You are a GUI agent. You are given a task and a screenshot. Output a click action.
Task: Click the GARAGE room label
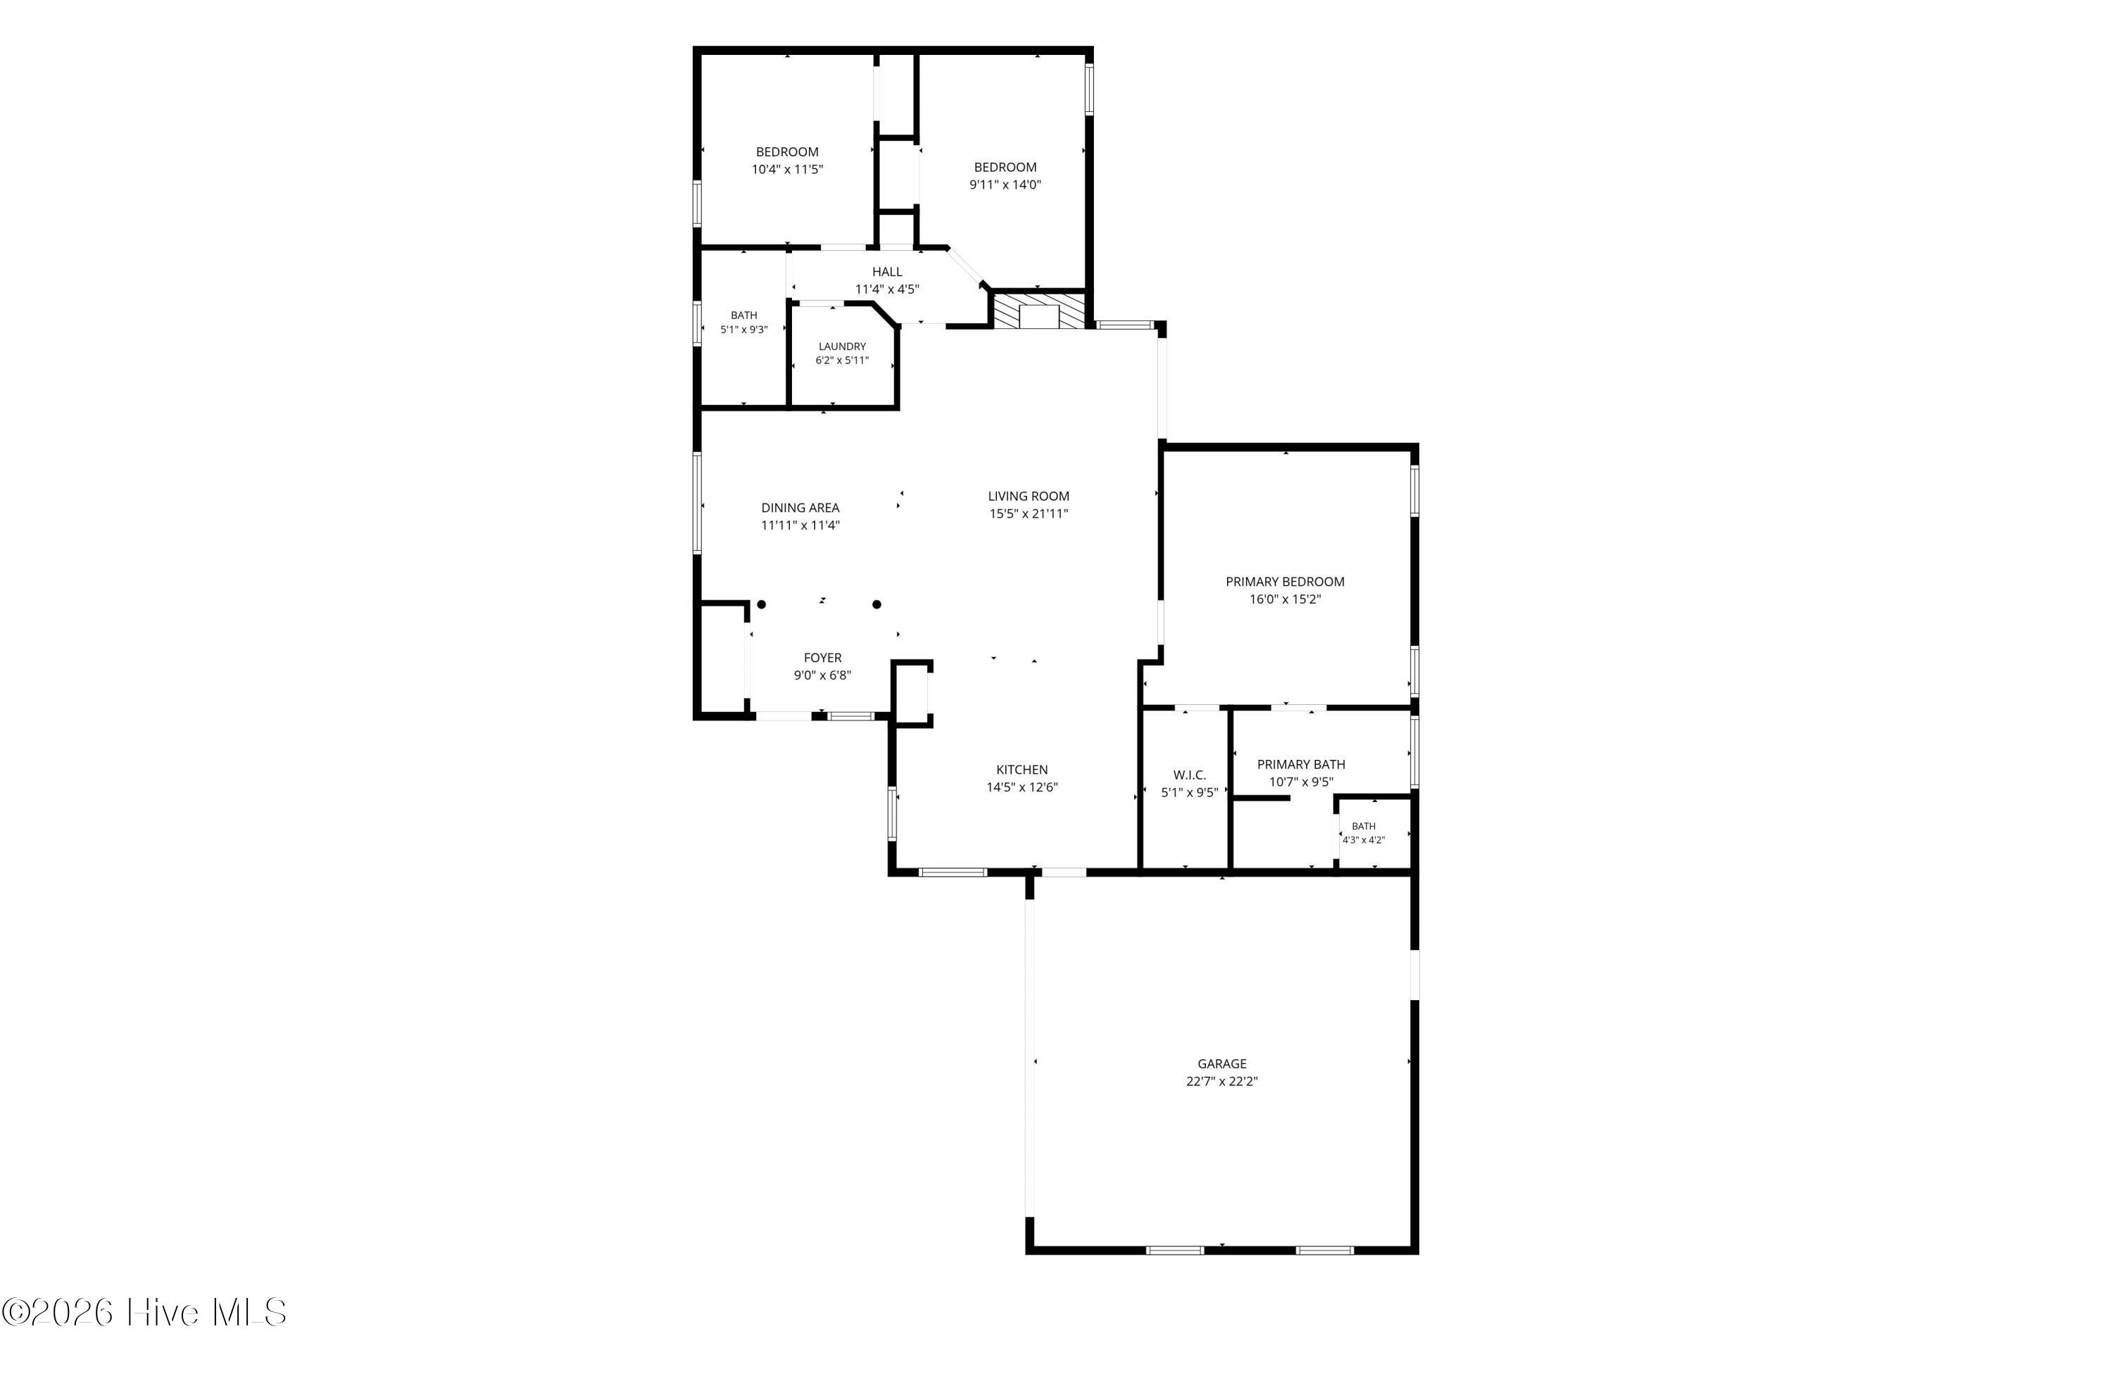click(x=1222, y=1063)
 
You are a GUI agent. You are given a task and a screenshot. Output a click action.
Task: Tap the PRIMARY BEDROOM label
click(x=1285, y=582)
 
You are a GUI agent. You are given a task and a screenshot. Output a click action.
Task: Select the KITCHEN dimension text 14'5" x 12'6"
click(x=1022, y=787)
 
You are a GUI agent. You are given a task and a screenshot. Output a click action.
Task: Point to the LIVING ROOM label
click(x=1029, y=496)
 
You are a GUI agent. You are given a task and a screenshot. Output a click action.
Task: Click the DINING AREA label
click(x=800, y=508)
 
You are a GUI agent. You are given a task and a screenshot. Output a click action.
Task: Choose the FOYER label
click(x=822, y=658)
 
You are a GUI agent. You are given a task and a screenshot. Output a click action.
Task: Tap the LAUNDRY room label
click(x=842, y=346)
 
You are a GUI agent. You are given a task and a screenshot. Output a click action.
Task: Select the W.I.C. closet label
click(x=1189, y=775)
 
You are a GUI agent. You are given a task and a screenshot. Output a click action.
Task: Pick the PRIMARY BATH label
click(x=1301, y=764)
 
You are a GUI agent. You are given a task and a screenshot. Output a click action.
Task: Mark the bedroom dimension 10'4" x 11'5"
click(x=788, y=170)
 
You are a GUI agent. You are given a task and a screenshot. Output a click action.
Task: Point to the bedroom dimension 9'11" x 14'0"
click(x=1005, y=185)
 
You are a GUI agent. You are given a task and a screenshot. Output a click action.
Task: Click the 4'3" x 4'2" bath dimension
click(x=1364, y=839)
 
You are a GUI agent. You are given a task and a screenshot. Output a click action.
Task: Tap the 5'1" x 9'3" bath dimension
click(x=743, y=330)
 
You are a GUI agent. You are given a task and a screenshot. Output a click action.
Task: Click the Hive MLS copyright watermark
click(x=144, y=1313)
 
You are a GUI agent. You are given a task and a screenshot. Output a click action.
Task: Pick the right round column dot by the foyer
click(x=876, y=604)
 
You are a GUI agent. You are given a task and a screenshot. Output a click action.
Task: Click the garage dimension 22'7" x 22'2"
click(x=1222, y=1081)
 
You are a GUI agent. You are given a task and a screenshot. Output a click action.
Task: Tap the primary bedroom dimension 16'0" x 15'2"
click(x=1285, y=599)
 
